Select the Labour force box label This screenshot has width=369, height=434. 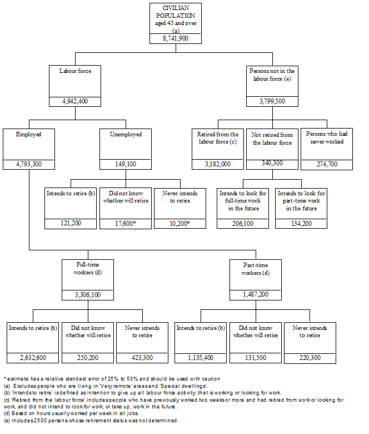coord(75,71)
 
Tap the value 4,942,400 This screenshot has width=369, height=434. coord(75,101)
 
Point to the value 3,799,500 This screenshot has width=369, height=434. coord(272,101)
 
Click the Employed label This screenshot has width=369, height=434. coord(29,134)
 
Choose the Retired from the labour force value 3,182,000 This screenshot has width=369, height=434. coord(218,164)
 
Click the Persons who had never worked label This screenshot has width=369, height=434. coord(326,138)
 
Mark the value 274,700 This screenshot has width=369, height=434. coord(326,164)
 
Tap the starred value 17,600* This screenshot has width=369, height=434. coord(126,223)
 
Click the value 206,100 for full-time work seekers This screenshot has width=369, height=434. coord(243,223)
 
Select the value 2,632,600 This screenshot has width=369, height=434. coord(33,357)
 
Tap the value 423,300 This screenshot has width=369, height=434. coord(143,357)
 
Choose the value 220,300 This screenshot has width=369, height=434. coord(310,357)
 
